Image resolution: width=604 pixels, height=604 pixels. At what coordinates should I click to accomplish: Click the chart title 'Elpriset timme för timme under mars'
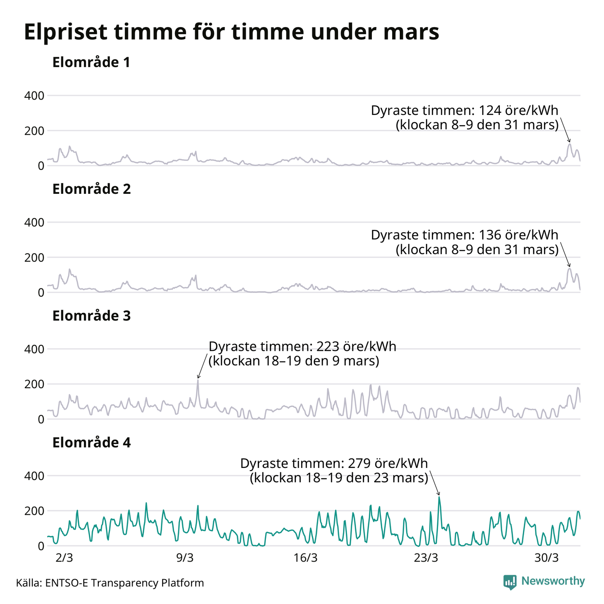[231, 32]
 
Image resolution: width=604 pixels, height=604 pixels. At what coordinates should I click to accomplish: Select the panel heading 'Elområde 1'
[91, 62]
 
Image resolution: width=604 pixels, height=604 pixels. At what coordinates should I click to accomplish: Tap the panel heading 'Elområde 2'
[92, 189]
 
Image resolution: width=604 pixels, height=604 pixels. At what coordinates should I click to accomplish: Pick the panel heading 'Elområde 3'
[92, 316]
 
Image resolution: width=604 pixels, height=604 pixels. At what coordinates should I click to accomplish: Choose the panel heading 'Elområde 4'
[92, 443]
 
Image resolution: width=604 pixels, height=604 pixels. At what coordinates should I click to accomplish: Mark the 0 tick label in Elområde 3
[41, 419]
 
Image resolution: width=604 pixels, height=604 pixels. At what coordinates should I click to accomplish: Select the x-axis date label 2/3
[64, 558]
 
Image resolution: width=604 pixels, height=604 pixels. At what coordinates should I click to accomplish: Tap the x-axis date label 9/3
[185, 558]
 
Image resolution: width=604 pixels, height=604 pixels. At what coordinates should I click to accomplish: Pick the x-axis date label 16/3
[306, 558]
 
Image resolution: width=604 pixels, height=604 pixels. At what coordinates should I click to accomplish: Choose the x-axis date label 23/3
[426, 558]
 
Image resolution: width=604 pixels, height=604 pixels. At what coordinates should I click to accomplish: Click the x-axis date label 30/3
[547, 558]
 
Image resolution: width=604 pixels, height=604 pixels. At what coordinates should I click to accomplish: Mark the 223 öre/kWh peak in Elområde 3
[198, 380]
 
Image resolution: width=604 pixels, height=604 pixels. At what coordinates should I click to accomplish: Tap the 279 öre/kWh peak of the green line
[439, 497]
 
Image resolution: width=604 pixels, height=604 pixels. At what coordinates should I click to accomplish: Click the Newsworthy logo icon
[510, 582]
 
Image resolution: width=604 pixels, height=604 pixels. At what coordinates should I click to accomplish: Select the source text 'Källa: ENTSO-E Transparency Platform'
[110, 583]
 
